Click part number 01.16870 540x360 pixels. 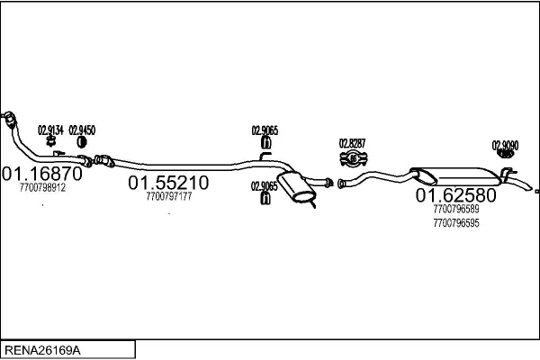(x=42, y=174)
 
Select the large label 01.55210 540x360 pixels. (x=168, y=183)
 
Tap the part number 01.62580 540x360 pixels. (x=456, y=195)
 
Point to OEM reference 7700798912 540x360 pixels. (x=42, y=188)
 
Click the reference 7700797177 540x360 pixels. (x=169, y=196)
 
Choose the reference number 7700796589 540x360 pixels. (x=456, y=209)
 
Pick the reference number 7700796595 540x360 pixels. (x=456, y=223)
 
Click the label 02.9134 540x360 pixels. (x=50, y=130)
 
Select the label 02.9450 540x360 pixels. (x=82, y=130)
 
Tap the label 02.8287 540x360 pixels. (x=352, y=143)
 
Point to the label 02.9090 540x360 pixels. (x=505, y=146)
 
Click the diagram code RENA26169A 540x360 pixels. (x=42, y=350)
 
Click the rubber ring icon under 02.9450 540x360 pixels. (x=82, y=141)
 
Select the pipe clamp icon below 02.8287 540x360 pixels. (x=354, y=158)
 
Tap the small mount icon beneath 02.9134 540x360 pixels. (x=51, y=140)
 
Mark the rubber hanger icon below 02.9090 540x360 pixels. (x=505, y=154)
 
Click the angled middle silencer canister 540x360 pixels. (x=296, y=186)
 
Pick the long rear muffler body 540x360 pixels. (x=456, y=176)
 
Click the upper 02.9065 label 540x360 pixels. (x=265, y=130)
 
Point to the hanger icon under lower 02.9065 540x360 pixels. (x=265, y=198)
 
